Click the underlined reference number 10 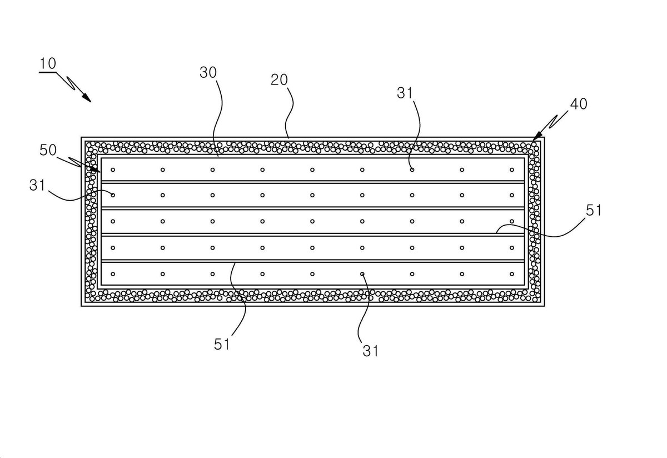point(48,63)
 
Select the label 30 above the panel point(208,72)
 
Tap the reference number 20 point(279,80)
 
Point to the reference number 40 point(579,104)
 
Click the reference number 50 point(48,150)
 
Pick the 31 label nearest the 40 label point(405,93)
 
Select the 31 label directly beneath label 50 point(37,185)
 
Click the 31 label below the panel point(371,351)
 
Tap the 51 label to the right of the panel point(594,210)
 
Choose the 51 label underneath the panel point(222,344)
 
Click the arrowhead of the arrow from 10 point(87,98)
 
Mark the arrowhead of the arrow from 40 point(536,136)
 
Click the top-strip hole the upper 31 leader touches point(412,170)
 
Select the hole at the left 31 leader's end point(113,195)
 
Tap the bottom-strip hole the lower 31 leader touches point(362,274)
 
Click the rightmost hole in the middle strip point(512,221)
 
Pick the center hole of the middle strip point(312,221)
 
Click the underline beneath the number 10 point(48,72)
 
